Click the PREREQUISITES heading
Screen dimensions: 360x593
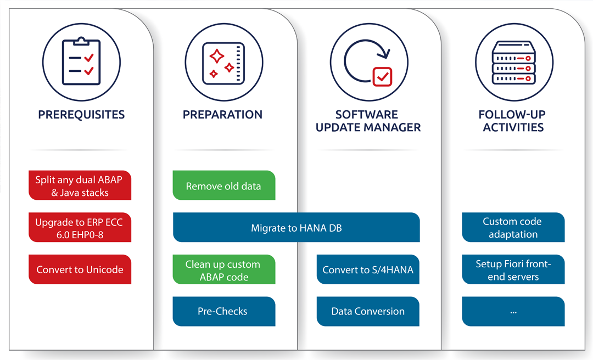[x=81, y=115]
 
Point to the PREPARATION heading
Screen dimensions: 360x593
[x=222, y=115]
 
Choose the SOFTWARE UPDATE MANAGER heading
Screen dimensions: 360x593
[x=368, y=121]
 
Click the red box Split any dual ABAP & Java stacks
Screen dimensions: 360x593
[x=80, y=186]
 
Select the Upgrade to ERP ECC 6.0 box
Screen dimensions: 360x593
[x=80, y=228]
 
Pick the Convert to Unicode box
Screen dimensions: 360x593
[x=80, y=269]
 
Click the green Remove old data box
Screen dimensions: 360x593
[x=223, y=186]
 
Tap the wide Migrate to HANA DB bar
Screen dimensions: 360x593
[x=296, y=228]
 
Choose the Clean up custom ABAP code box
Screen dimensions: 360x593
[x=223, y=270]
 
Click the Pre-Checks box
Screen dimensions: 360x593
[x=223, y=311]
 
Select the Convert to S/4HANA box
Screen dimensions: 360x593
[x=368, y=269]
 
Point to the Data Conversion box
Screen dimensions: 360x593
[x=368, y=311]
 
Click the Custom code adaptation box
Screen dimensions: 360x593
[x=513, y=228]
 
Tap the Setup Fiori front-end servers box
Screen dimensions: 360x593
[x=513, y=270]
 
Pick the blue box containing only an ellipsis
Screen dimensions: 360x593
[x=513, y=311]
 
